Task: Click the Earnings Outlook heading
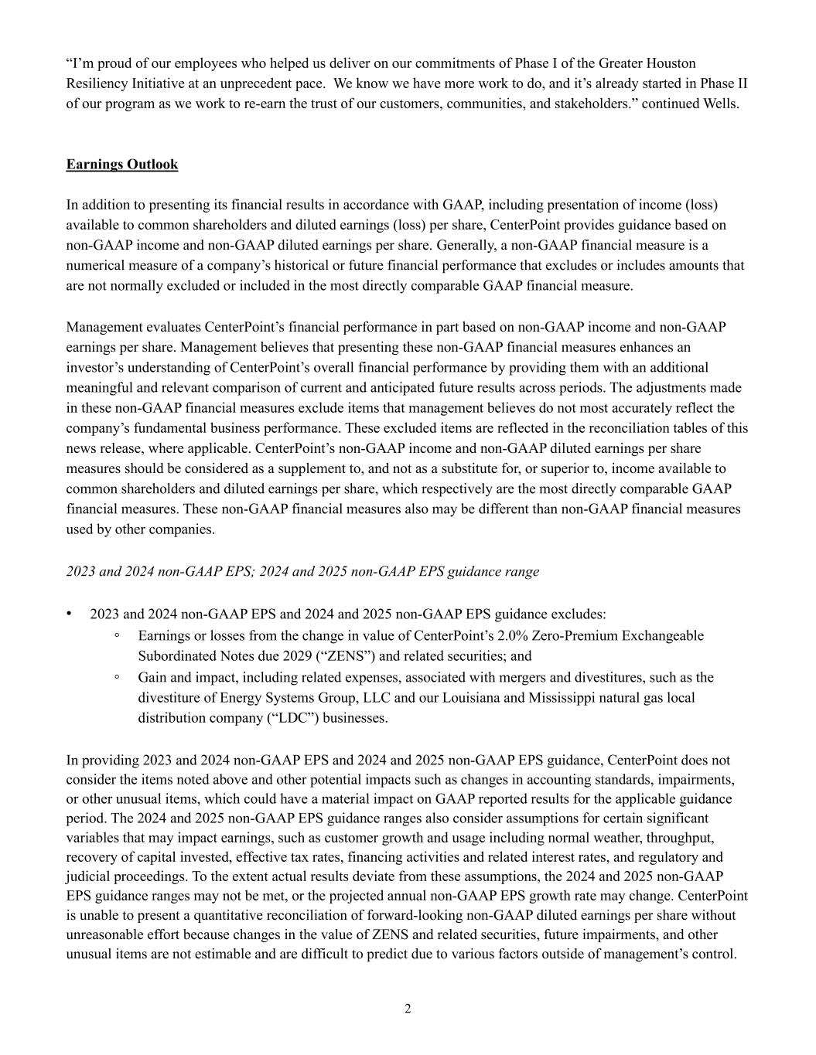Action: (122, 165)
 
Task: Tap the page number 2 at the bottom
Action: (408, 1009)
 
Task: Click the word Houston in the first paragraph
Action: (671, 63)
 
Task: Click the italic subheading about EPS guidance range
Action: (302, 572)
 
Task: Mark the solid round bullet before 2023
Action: (70, 614)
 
